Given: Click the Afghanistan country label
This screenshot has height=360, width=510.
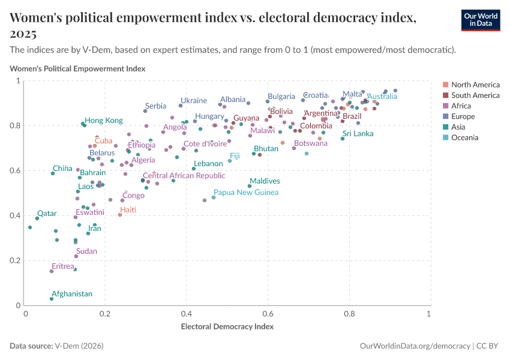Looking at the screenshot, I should pyautogui.click(x=72, y=294).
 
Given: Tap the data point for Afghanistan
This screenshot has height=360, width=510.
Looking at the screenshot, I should pyautogui.click(x=52, y=299).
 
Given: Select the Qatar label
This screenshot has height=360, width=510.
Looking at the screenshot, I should pyautogui.click(x=47, y=214).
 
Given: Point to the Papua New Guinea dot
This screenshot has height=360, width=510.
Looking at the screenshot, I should pyautogui.click(x=214, y=197).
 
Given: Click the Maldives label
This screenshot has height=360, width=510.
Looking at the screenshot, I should pyautogui.click(x=265, y=181).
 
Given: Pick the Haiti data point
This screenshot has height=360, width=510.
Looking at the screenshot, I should pyautogui.click(x=120, y=215).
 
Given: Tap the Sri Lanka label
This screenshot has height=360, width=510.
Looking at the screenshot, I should pyautogui.click(x=358, y=134).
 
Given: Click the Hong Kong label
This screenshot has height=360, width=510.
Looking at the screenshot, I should pyautogui.click(x=103, y=120).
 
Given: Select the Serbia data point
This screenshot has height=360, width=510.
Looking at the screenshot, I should pyautogui.click(x=145, y=111).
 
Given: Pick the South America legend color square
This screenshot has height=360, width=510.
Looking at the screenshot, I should pyautogui.click(x=445, y=95).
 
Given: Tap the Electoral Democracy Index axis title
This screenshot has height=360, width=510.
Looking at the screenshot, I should pyautogui.click(x=227, y=327).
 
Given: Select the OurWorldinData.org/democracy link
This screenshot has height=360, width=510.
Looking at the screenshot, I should pyautogui.click(x=413, y=346).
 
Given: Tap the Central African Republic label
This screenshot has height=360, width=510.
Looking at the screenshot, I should pyautogui.click(x=184, y=176).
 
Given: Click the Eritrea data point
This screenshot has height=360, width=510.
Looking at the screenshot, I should pyautogui.click(x=52, y=271).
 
